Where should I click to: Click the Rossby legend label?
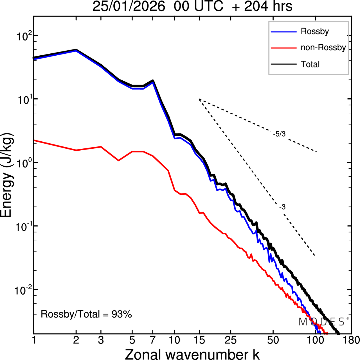315,31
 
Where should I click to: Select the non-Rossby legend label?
323,47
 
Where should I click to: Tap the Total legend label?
310,64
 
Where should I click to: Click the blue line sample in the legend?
283,32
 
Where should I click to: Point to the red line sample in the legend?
283,48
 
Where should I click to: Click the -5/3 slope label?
279,134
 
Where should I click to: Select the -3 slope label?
282,207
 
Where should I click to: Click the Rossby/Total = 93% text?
86,314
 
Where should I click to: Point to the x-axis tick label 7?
153,340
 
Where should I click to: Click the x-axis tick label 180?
352,340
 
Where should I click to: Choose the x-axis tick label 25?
231,340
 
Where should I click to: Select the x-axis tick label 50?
273,340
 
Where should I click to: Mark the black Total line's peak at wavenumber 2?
76,50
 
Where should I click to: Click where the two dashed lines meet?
199,99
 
